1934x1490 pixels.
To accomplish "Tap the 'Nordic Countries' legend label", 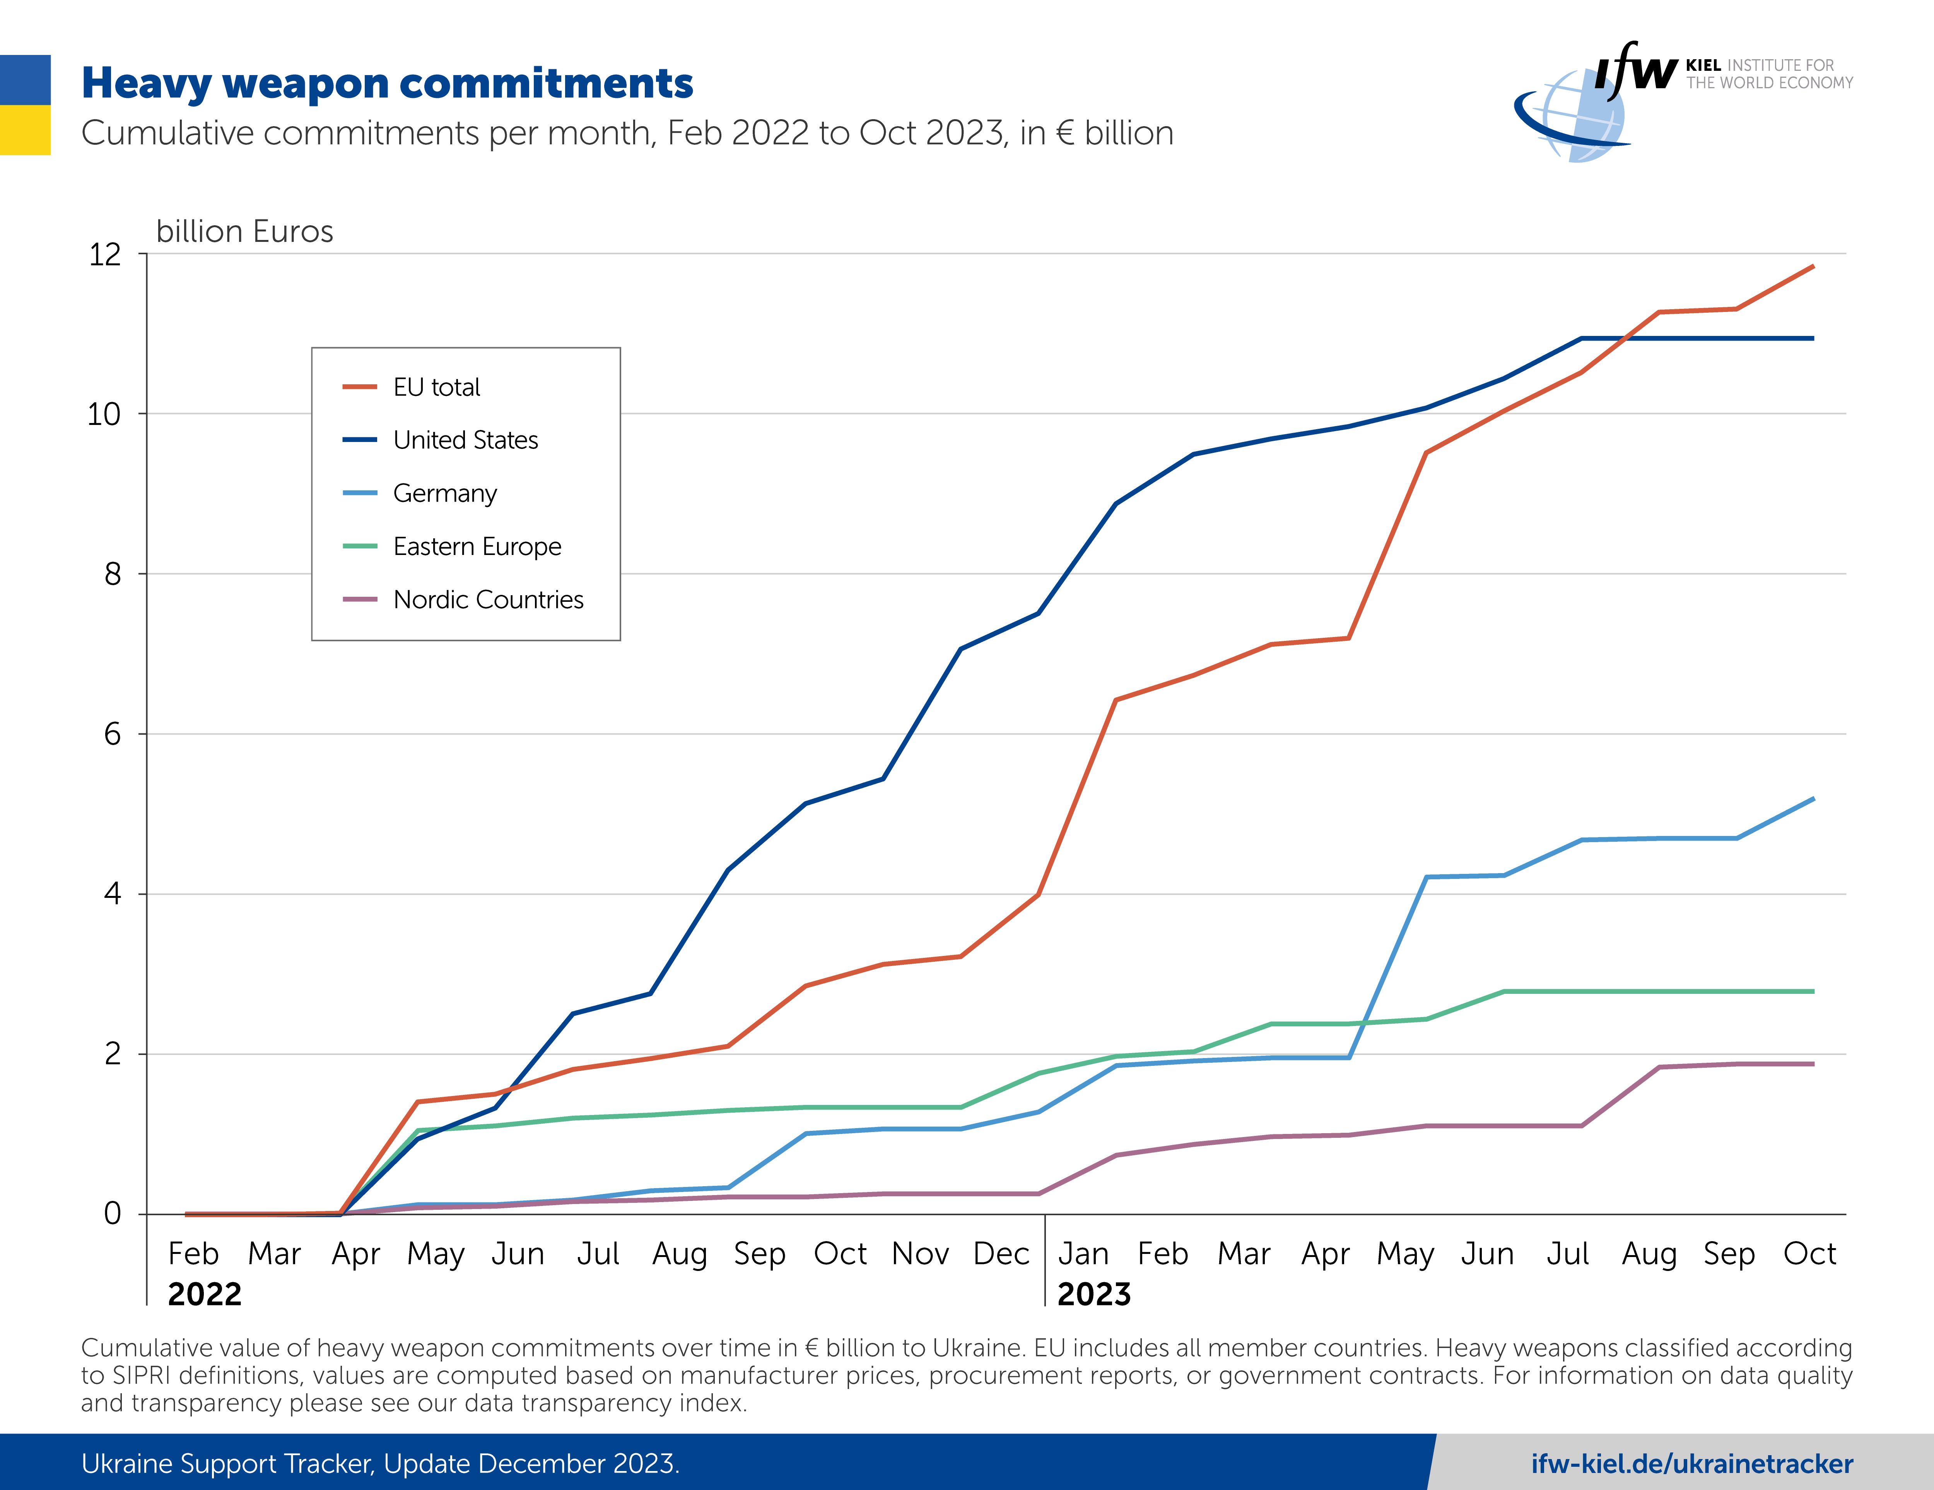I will [488, 600].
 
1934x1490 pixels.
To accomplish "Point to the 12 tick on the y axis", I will [104, 254].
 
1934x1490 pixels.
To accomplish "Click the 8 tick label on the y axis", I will [113, 574].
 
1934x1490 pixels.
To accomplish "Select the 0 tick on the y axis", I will [113, 1214].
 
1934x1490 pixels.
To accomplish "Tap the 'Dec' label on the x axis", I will [1001, 1254].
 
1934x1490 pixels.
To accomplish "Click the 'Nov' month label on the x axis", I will [920, 1254].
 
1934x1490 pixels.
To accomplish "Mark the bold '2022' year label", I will [205, 1294].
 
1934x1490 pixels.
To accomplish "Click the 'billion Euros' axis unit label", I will [244, 231].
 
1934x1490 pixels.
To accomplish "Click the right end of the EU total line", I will [1813, 266].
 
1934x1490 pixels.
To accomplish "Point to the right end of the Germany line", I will [1813, 799].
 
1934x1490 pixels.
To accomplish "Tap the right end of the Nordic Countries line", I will [1813, 1064].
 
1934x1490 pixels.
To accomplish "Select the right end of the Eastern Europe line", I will [1813, 991].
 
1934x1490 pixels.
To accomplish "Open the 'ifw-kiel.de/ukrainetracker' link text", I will [1691, 1463].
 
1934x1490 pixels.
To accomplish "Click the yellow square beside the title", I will [25, 130].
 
